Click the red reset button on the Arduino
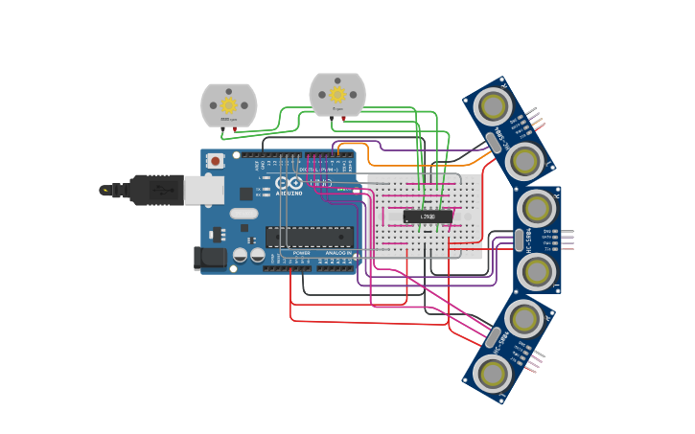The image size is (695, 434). (x=216, y=161)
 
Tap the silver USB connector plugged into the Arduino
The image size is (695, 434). (x=203, y=190)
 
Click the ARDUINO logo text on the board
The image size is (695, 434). (x=290, y=192)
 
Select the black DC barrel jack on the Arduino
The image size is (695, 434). (x=210, y=257)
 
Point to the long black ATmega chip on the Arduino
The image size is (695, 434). (x=309, y=237)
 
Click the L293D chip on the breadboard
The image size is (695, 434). (x=428, y=217)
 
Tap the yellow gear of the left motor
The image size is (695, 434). (x=228, y=104)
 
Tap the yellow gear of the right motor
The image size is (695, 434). (x=337, y=94)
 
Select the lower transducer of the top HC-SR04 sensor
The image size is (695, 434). (x=524, y=161)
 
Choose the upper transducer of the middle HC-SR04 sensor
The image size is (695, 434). (x=538, y=208)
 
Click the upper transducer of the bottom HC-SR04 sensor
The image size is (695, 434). (x=524, y=317)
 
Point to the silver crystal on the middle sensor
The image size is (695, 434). (x=519, y=240)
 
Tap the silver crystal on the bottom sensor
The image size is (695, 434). (x=493, y=337)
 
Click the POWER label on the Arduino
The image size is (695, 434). (x=301, y=253)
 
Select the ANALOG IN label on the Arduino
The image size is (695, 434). (x=337, y=253)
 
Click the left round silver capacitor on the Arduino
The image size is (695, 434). (x=241, y=255)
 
